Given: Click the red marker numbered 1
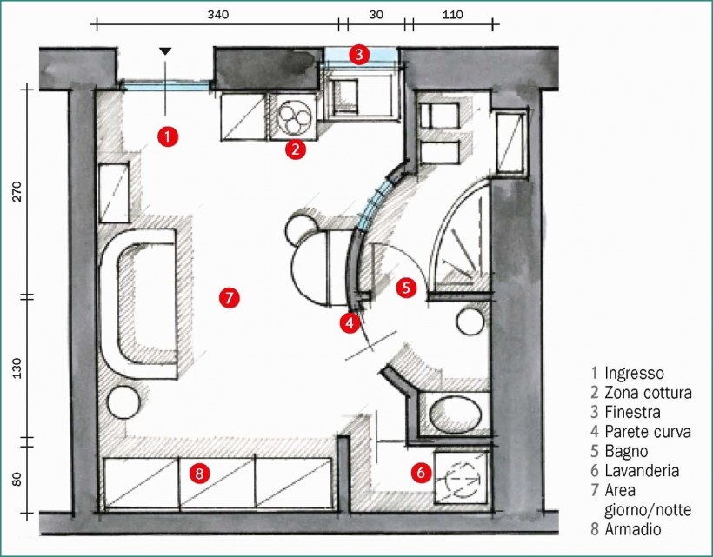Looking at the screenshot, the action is [168, 136].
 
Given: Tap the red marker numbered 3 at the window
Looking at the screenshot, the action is [359, 55].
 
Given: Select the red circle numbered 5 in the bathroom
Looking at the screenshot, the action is [406, 288].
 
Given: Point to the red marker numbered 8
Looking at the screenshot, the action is [200, 474].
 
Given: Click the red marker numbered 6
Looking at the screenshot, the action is [421, 473].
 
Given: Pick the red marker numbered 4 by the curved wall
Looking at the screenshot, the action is [350, 323].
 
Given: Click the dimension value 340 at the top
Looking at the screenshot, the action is [217, 15].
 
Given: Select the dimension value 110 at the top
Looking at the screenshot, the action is [452, 15].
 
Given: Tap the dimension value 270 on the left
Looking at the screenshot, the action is [17, 192].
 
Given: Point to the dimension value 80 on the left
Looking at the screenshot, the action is [17, 480].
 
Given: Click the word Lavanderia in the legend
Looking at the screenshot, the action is [642, 471].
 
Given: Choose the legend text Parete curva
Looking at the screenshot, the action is [648, 432].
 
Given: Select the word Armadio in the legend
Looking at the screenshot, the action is [632, 529].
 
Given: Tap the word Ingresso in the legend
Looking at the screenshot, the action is [634, 373].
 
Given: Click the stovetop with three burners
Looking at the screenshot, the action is [295, 116].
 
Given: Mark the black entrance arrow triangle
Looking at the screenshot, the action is [165, 51].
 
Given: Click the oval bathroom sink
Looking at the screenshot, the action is [455, 414].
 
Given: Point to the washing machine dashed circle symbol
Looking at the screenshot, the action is [462, 479].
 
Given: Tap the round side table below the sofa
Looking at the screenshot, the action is [123, 402].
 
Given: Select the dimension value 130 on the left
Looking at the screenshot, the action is [17, 368].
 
